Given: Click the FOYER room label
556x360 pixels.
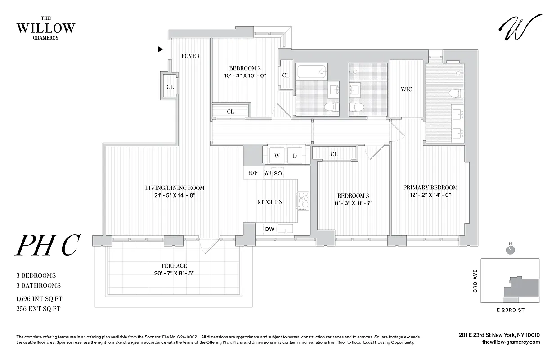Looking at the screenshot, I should click(190, 56).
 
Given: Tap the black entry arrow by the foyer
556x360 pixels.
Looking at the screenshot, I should click(161, 49).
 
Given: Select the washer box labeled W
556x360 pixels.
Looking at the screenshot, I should click(277, 156).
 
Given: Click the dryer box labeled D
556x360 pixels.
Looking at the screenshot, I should click(295, 156).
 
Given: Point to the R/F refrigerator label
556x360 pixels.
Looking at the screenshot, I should click(253, 173).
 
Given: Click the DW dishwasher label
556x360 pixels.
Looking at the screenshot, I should click(269, 229).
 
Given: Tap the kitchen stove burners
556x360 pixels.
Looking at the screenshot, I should click(303, 200).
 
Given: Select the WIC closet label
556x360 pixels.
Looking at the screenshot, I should click(406, 90).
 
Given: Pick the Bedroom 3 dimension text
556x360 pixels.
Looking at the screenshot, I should click(353, 203).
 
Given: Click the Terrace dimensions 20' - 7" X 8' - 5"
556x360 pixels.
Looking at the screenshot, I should click(174, 274).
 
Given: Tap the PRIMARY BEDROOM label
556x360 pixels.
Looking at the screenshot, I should click(430, 187).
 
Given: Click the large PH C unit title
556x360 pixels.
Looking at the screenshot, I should click(48, 246).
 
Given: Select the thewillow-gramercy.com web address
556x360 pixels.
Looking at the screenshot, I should click(510, 342).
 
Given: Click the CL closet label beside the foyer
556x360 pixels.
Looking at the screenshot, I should click(170, 87).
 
